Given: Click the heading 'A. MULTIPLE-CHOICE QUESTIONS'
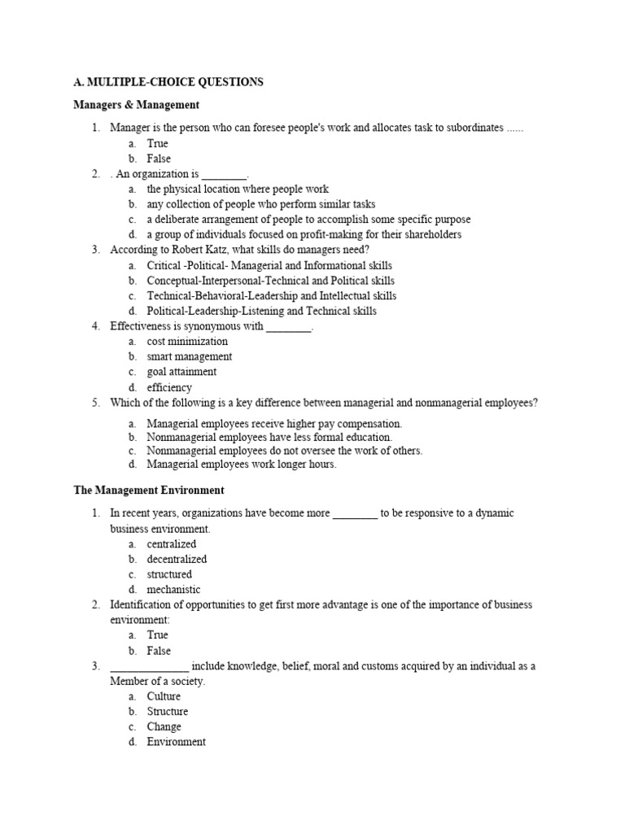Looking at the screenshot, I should tap(168, 82).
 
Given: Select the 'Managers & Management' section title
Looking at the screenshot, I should tap(136, 105).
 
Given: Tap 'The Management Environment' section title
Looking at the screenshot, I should tap(149, 491).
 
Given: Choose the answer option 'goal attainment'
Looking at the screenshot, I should tap(181, 372).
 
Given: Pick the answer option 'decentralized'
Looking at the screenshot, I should tap(177, 559).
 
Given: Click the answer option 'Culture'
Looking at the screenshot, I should tap(164, 696).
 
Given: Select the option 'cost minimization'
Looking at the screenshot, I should tap(187, 342).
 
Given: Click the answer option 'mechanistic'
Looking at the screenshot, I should tap(173, 590).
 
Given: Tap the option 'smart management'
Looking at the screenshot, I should tap(189, 356).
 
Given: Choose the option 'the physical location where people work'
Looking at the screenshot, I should tap(238, 189).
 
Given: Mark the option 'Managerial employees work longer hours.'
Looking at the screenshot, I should tap(241, 464).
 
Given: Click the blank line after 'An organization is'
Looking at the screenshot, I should tap(224, 175).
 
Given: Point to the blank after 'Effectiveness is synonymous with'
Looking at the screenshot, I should tap(289, 327).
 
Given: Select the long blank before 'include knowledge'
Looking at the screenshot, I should tap(149, 667).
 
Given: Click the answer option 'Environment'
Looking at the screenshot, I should tap(176, 742).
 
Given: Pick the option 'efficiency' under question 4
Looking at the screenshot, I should tap(169, 388).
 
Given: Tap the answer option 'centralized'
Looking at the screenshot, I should tap(171, 543).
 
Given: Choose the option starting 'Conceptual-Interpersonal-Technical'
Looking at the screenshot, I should tap(269, 281).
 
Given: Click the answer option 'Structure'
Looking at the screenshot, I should tap(167, 711).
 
